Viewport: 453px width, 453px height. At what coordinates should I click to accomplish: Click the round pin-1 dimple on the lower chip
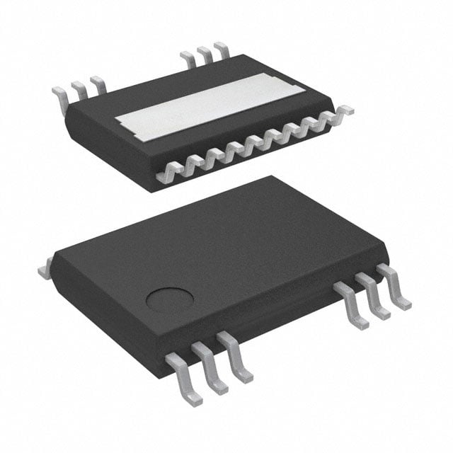170,299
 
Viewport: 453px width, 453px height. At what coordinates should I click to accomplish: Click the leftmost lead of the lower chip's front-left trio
183,378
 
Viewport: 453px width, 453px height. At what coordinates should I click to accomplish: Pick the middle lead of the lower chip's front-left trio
210,367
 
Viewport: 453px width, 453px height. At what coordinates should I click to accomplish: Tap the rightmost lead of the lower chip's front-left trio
235,356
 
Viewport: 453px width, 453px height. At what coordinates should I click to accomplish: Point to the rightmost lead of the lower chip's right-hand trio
394,283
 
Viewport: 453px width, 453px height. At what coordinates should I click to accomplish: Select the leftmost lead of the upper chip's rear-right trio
188,58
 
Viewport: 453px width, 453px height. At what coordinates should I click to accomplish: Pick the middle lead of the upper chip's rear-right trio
205,53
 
